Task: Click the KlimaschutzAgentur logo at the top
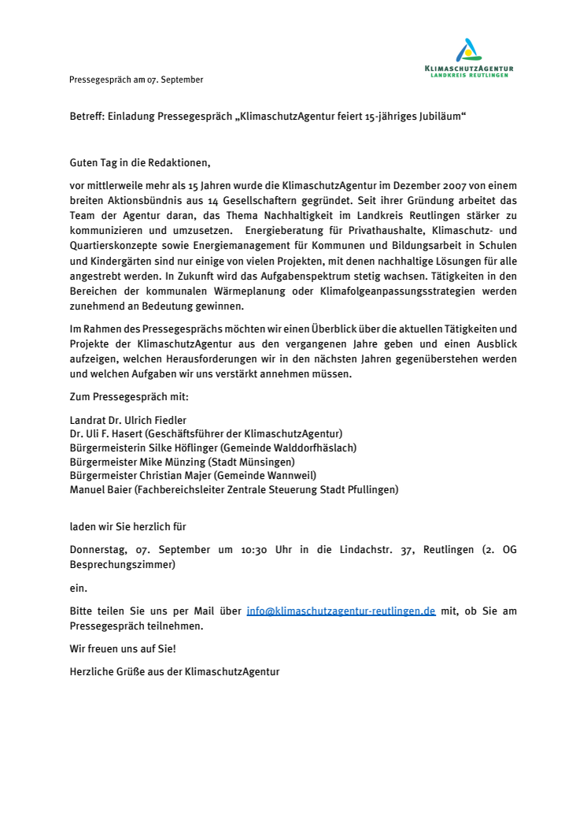(468, 58)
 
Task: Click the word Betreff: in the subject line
(87, 117)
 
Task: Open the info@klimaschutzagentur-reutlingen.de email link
(341, 611)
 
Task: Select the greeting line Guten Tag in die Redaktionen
(140, 163)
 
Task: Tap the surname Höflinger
(194, 448)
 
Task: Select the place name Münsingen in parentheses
(267, 462)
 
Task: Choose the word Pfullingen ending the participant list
(370, 489)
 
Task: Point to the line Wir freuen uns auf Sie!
(124, 649)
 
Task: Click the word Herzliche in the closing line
(91, 672)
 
